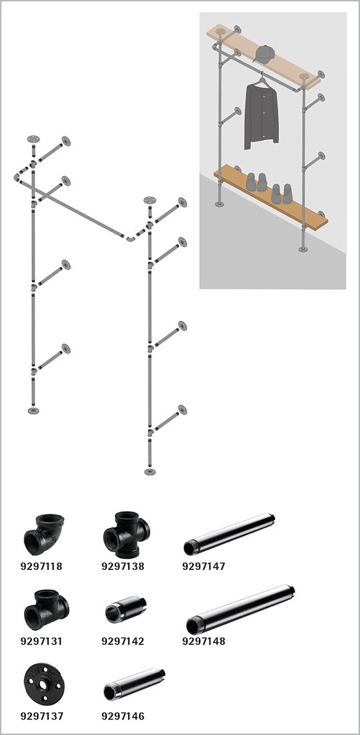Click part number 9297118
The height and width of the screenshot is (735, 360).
41,566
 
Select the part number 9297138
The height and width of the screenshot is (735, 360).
123,566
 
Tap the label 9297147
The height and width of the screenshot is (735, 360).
204,566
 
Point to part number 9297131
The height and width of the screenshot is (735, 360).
41,641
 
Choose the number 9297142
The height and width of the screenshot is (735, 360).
123,641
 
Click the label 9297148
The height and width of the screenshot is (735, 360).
204,641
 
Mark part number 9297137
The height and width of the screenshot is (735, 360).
41,716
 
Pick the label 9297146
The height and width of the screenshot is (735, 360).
123,716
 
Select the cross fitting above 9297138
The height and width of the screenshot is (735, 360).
126,535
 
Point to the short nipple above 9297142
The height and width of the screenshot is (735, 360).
125,609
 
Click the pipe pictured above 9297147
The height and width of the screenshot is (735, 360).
228,535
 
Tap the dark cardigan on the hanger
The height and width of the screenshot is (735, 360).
261,116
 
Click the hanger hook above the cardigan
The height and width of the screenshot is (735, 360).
260,76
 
